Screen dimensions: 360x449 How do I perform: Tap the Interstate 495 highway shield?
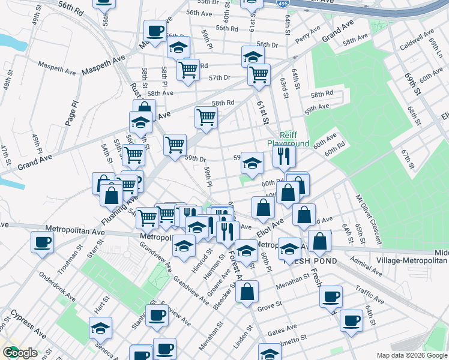point(283,3)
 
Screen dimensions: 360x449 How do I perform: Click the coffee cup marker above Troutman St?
point(43,242)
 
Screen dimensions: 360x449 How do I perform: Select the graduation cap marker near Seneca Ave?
point(100,328)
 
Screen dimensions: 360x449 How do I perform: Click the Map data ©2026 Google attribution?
point(411,355)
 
